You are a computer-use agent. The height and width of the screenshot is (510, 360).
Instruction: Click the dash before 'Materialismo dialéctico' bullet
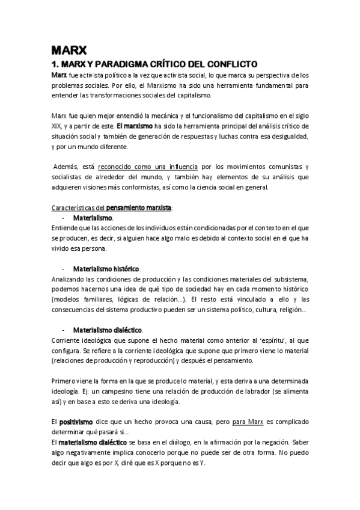click(x=63, y=330)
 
